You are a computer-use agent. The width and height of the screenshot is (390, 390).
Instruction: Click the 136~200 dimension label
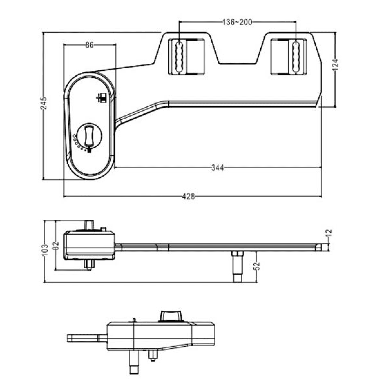pyautogui.click(x=237, y=22)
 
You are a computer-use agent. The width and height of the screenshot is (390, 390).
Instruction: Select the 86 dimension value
pyautogui.click(x=89, y=45)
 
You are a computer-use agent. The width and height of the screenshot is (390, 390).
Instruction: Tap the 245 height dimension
pyautogui.click(x=44, y=102)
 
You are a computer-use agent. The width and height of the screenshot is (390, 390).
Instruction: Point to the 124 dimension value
pyautogui.click(x=335, y=64)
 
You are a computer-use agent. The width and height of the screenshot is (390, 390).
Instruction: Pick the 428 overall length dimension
pyautogui.click(x=188, y=197)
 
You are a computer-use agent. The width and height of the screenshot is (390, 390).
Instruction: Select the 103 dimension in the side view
pyautogui.click(x=45, y=250)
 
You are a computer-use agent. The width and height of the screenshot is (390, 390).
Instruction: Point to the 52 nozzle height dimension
pyautogui.click(x=257, y=266)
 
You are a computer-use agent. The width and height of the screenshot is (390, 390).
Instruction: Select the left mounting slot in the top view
pyautogui.click(x=179, y=56)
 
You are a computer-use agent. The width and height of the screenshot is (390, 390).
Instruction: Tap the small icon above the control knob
pyautogui.click(x=101, y=98)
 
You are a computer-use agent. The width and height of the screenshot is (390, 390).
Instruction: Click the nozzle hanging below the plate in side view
pyautogui.click(x=237, y=267)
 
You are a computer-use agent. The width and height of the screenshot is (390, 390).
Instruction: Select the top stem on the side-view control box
pyautogui.click(x=89, y=225)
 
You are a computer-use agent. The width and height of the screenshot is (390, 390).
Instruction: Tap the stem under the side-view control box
pyautogui.click(x=89, y=265)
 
